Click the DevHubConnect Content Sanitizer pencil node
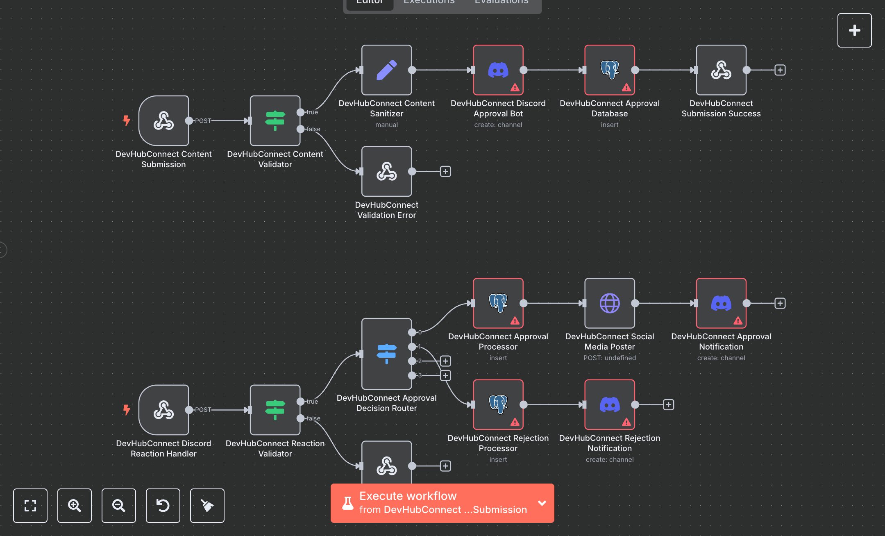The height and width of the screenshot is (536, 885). pos(386,70)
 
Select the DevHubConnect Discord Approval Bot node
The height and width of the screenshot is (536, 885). pos(498,70)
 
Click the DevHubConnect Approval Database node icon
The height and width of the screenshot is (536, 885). pos(609,70)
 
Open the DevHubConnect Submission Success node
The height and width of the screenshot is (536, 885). pos(721,70)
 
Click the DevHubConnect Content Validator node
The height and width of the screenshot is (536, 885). pos(275,121)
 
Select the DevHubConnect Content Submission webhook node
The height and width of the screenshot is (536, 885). pos(163,121)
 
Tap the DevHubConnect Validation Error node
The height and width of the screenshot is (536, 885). pos(386,171)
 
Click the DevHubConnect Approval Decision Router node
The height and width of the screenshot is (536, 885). pos(386,354)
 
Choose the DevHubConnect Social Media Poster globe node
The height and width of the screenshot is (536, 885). pos(609,303)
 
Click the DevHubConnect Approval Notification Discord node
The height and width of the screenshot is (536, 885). pos(721,303)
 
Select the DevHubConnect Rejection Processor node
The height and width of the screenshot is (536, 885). pos(498,405)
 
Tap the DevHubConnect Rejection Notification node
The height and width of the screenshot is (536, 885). pos(609,405)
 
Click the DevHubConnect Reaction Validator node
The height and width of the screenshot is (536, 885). pos(275,410)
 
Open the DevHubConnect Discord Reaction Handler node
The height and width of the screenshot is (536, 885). pos(163,410)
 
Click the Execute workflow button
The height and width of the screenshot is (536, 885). pos(434,503)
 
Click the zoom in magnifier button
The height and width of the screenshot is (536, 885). pos(74,506)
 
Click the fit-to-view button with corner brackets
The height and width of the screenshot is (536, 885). pos(30,506)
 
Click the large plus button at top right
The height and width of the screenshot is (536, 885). pos(854,30)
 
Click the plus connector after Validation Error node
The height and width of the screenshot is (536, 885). pos(445,171)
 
